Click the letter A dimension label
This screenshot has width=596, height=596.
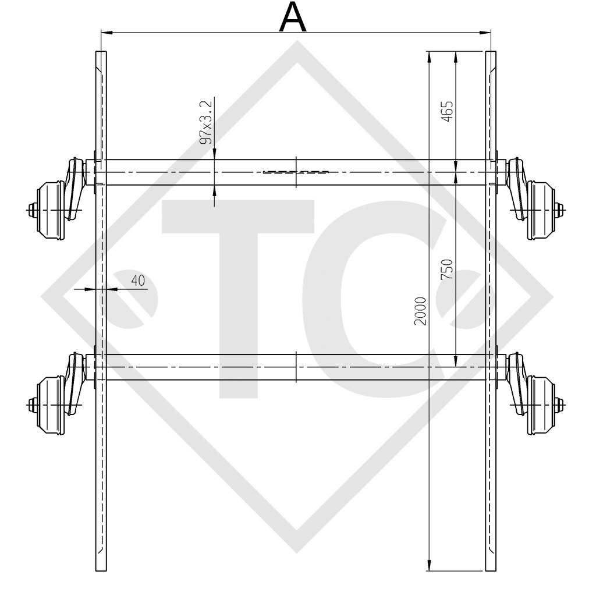click(293, 18)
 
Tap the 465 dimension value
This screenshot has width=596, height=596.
click(447, 111)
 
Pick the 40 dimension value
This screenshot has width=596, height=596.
click(138, 281)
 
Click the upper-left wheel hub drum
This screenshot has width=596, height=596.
click(49, 208)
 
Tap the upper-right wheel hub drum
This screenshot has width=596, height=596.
click(541, 208)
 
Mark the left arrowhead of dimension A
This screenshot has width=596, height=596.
click(106, 33)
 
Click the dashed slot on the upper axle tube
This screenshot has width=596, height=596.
click(296, 172)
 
